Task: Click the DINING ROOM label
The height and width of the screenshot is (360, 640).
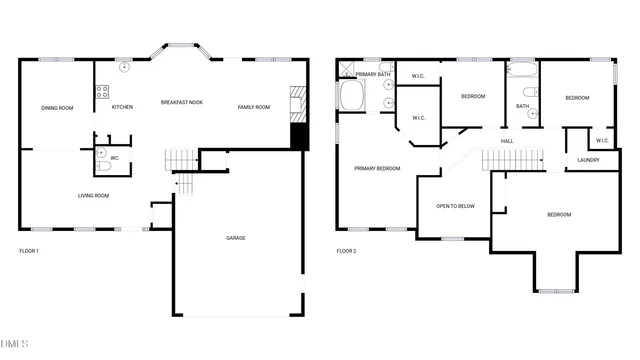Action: pyautogui.click(x=57, y=108)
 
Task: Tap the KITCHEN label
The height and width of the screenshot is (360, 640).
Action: pyautogui.click(x=122, y=107)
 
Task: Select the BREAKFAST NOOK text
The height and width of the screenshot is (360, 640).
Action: pyautogui.click(x=182, y=104)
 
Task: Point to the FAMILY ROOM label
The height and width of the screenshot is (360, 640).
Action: pyautogui.click(x=253, y=107)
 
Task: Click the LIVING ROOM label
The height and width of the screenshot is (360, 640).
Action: pyautogui.click(x=93, y=196)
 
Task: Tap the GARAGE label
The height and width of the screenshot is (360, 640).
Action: pyautogui.click(x=235, y=238)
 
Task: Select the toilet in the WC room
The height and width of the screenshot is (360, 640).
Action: pyautogui.click(x=101, y=154)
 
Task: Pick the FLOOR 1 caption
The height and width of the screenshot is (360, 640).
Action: pyautogui.click(x=29, y=250)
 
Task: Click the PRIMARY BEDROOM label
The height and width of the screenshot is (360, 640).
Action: pyautogui.click(x=377, y=168)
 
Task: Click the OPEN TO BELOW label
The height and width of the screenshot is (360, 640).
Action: pyautogui.click(x=455, y=206)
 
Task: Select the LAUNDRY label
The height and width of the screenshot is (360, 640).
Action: pyautogui.click(x=588, y=160)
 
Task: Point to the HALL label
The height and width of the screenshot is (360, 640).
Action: pyautogui.click(x=507, y=141)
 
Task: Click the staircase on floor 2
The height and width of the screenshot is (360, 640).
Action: pyautogui.click(x=512, y=159)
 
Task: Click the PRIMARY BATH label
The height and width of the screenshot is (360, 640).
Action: pyautogui.click(x=372, y=74)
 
